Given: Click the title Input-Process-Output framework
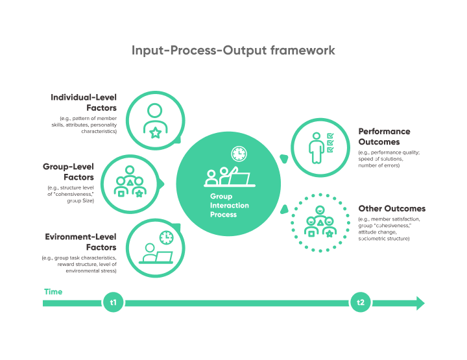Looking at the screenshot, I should coord(233,50).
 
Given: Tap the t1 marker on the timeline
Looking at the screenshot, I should coord(113,303).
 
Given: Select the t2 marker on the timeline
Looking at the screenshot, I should coord(361,303).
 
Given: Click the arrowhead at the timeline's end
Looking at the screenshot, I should coord(420,303).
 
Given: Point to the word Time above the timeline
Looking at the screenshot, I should coord(53,292).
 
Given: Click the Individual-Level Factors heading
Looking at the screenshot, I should coord(84,102).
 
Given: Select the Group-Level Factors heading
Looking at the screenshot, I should coord(68,172).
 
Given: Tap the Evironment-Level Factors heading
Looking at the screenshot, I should coord(80,242).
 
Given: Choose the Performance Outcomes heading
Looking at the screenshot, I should coord(385,136).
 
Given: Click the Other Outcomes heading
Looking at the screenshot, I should coord(392,209).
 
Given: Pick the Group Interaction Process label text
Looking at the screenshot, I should coord(229,205).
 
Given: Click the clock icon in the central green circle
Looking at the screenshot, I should coord(239,154).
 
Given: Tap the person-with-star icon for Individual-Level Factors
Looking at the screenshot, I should coord(154,121).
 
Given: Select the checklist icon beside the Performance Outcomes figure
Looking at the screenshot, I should coord(330,143).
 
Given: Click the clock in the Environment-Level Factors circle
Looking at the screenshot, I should coord(167,237).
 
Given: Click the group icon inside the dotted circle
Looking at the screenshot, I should coord(320,223).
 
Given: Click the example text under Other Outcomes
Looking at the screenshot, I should coord(389,229).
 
